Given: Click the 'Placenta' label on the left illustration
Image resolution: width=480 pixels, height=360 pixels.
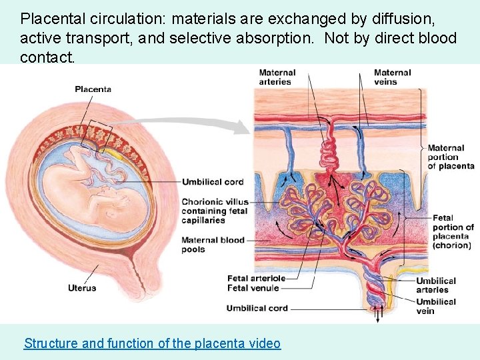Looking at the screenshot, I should (93, 89).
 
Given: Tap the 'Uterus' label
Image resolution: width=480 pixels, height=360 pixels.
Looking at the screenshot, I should (82, 288).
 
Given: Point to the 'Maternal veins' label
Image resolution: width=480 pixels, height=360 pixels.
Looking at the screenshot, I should (392, 77).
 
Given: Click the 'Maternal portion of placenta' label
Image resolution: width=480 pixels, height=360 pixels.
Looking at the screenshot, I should (450, 157).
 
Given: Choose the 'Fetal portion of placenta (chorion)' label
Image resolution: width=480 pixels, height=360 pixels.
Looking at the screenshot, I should (453, 231).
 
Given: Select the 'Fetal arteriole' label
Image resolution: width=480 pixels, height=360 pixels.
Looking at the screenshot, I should (256, 279).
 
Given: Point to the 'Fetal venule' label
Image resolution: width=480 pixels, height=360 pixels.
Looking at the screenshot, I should (253, 288).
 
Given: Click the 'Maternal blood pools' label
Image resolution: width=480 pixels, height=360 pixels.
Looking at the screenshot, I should (213, 245).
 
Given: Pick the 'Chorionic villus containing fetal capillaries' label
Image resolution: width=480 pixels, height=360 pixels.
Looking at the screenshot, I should (214, 211).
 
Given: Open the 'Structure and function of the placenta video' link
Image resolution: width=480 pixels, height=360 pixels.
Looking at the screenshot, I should (152, 343).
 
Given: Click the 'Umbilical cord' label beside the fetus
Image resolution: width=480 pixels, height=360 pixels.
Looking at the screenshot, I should (213, 182).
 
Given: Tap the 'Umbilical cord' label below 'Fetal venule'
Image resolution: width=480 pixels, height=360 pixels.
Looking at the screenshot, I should (257, 308).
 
